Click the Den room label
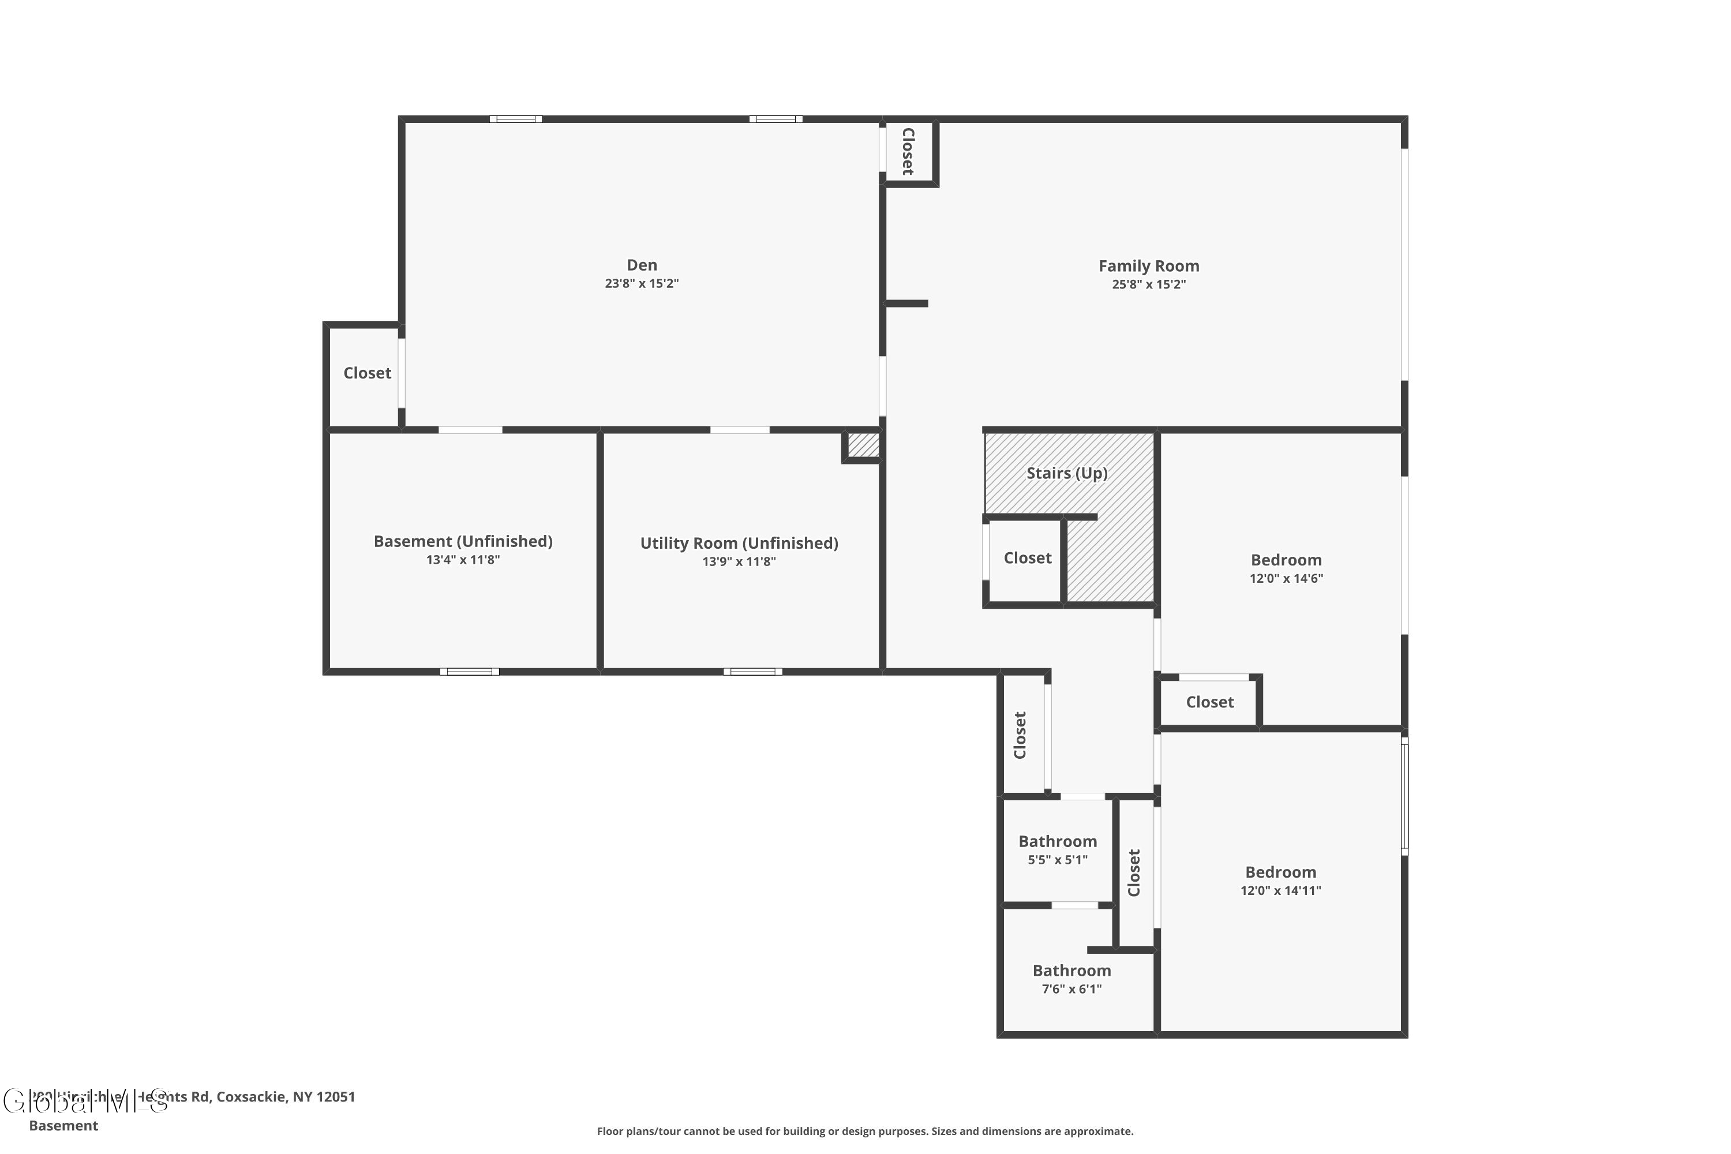click(x=641, y=265)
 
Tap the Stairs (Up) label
click(x=1066, y=473)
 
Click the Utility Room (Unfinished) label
click(x=739, y=543)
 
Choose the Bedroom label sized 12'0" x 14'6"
click(x=1286, y=560)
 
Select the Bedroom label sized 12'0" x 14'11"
click(x=1280, y=872)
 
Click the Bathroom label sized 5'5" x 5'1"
click(x=1057, y=841)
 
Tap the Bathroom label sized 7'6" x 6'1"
click(x=1071, y=971)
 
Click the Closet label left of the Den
click(x=366, y=373)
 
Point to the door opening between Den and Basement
click(x=470, y=430)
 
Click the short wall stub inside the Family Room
click(x=906, y=304)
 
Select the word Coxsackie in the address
click(x=252, y=1097)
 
